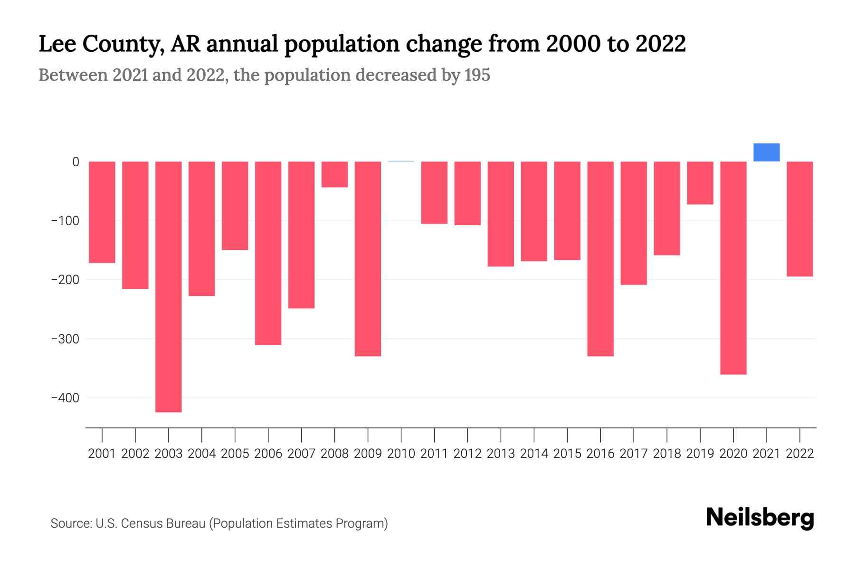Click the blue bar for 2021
766,152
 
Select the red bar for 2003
169,286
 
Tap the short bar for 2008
334,174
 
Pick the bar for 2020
733,268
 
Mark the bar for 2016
600,259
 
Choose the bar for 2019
700,183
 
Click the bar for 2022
799,219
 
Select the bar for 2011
434,192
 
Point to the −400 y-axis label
65,398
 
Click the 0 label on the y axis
76,162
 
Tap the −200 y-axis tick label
65,280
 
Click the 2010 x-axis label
401,454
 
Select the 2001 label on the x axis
102,454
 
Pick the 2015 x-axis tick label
567,454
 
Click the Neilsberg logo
760,518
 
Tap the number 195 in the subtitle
477,75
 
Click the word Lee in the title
57,44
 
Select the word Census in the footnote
141,523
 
